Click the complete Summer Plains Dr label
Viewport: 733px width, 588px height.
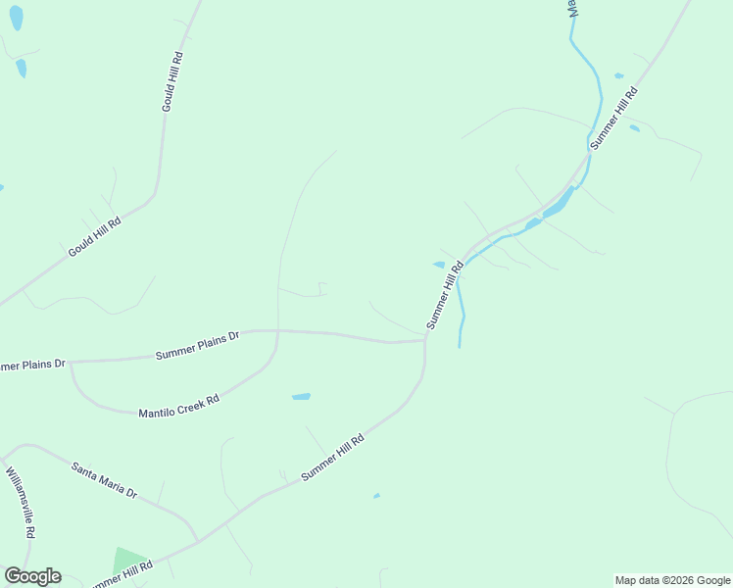point(198,346)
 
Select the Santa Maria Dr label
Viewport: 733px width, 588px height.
point(104,479)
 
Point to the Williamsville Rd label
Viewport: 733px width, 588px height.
point(21,502)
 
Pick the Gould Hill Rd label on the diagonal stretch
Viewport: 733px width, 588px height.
point(94,237)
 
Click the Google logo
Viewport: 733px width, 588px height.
point(32,576)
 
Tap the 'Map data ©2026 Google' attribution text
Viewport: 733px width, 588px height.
point(671,580)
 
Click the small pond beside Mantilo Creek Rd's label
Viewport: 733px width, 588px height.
point(301,397)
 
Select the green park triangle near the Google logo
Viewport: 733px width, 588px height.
point(127,561)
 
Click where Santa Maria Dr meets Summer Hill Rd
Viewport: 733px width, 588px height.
point(199,540)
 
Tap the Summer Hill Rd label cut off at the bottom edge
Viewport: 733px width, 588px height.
point(122,573)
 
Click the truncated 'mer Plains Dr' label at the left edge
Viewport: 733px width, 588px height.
point(31,366)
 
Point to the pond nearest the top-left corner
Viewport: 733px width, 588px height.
point(16,17)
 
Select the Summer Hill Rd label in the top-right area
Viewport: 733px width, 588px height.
point(614,118)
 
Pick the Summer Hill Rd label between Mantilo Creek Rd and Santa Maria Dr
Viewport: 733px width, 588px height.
point(333,457)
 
